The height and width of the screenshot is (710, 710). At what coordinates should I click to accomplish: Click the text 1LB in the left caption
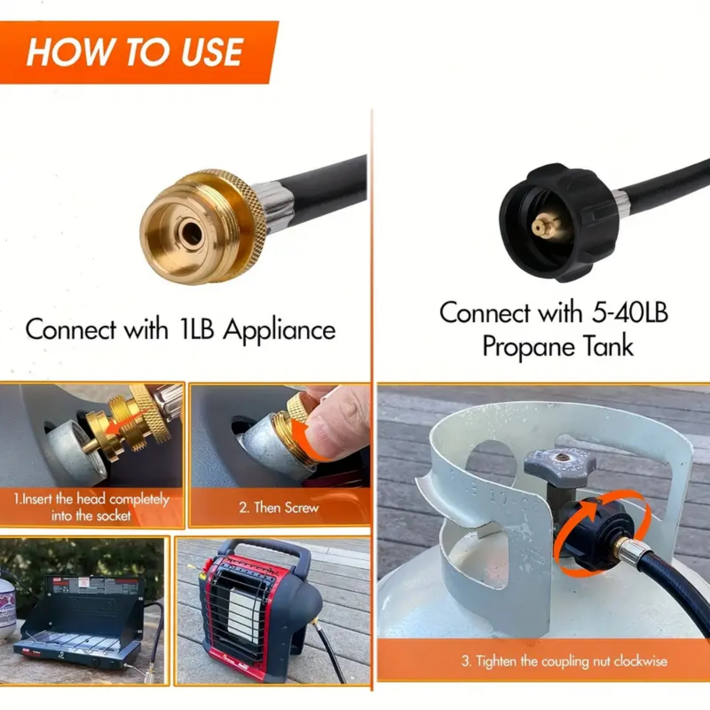coord(196,330)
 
